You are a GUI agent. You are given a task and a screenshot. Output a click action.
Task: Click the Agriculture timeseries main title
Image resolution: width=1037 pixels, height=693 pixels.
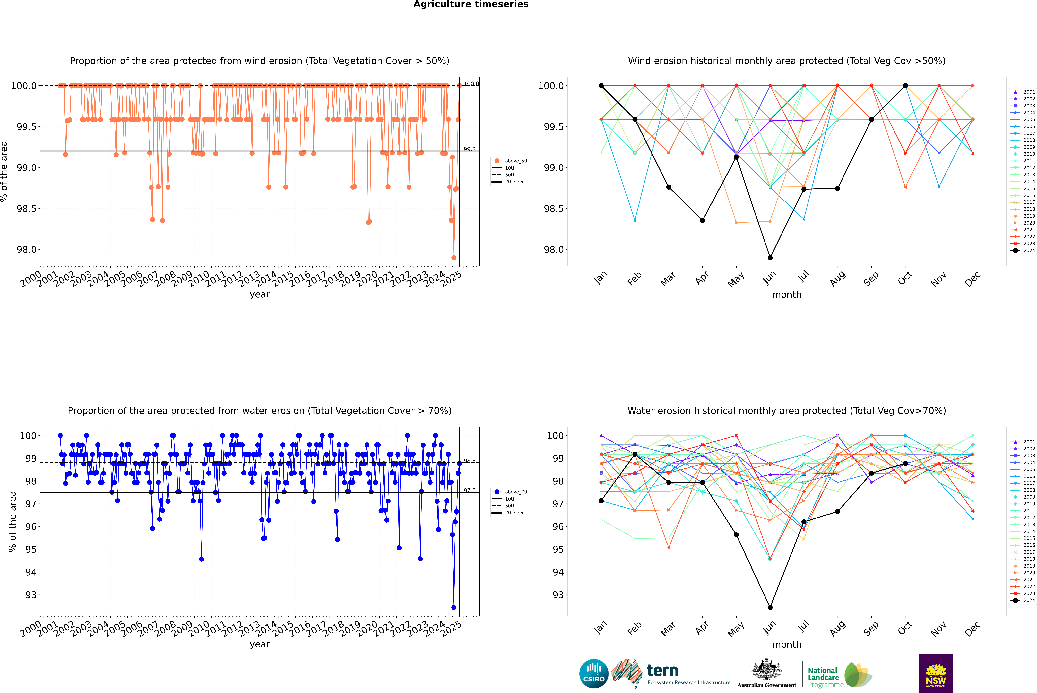(x=471, y=4)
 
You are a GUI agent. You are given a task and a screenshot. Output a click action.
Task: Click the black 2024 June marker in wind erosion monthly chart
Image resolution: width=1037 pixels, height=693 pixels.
(x=770, y=257)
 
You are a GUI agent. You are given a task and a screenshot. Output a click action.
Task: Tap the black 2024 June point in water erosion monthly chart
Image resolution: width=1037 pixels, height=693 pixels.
(x=770, y=607)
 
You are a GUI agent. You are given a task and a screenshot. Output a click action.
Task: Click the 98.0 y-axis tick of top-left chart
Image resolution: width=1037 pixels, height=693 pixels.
(x=27, y=250)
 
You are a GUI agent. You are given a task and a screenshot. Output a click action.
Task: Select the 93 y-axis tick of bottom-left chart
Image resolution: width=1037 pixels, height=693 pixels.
(x=31, y=595)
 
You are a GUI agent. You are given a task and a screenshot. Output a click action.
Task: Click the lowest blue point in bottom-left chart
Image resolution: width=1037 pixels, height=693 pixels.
(x=454, y=607)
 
